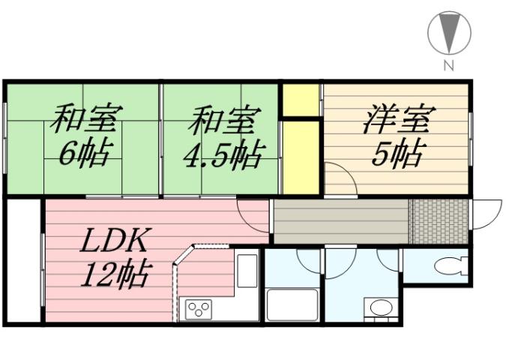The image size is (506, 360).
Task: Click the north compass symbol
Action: click(448, 34)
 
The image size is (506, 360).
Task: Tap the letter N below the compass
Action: click(448, 65)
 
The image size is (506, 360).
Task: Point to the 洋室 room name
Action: click(397, 119)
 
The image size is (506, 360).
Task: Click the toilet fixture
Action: click(451, 266)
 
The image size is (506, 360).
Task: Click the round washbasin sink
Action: click(380, 308)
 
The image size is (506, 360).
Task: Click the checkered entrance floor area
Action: click(439, 221)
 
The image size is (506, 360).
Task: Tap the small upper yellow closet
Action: click(301, 100)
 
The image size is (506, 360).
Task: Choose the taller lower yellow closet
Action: click(301, 155)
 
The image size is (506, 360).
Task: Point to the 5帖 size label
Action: click(397, 153)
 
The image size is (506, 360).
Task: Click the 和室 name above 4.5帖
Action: click(223, 120)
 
